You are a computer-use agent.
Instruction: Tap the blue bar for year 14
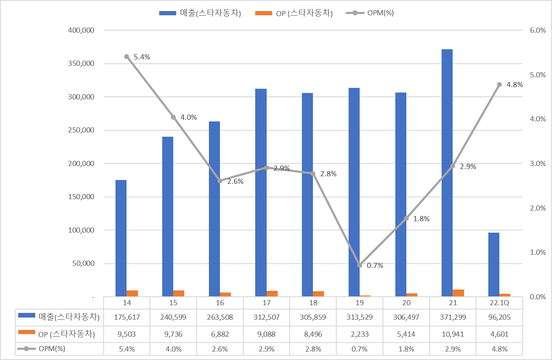[121, 238]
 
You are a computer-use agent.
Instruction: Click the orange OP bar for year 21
[458, 292]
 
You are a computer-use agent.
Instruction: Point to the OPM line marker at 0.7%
[360, 265]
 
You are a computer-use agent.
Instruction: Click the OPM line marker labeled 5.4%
[127, 56]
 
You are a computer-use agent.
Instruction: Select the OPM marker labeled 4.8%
[499, 84]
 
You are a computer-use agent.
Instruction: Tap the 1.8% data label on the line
[421, 219]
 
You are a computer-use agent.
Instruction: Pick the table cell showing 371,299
[453, 317]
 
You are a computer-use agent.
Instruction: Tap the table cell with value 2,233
[360, 334]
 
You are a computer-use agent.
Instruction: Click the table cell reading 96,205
[499, 317]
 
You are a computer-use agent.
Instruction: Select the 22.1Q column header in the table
[499, 303]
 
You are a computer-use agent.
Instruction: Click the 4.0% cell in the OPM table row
[173, 349]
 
